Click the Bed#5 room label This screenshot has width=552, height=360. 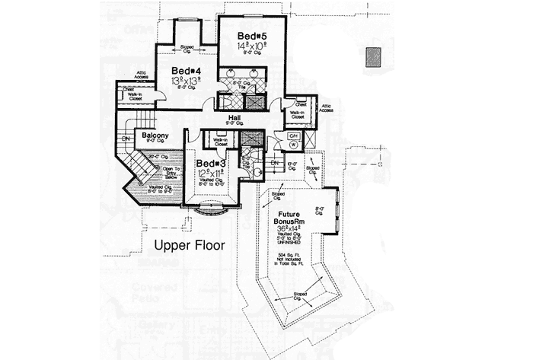(250, 36)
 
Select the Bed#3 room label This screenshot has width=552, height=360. (209, 164)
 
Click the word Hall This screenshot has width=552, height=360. (235, 119)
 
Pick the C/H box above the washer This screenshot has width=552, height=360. (293, 136)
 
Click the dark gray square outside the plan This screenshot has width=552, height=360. (372, 56)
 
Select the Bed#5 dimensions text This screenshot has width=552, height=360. (250, 47)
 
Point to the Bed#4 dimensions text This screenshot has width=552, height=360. (187, 81)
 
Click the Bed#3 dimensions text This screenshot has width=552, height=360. (210, 174)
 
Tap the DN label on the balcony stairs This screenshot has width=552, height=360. (125, 139)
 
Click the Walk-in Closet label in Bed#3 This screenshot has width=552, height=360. (220, 142)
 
